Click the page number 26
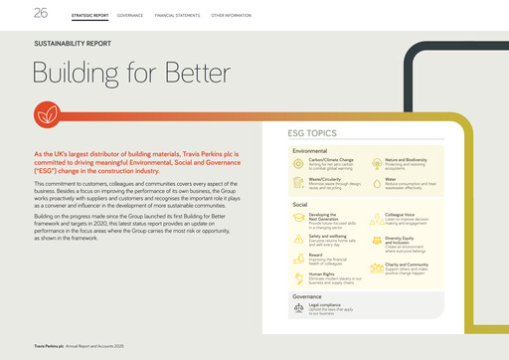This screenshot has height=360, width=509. (14, 12)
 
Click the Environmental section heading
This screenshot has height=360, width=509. (311, 150)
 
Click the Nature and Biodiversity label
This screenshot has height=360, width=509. (408, 158)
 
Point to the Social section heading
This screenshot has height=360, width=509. (299, 203)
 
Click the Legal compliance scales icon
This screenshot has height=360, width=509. (300, 310)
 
